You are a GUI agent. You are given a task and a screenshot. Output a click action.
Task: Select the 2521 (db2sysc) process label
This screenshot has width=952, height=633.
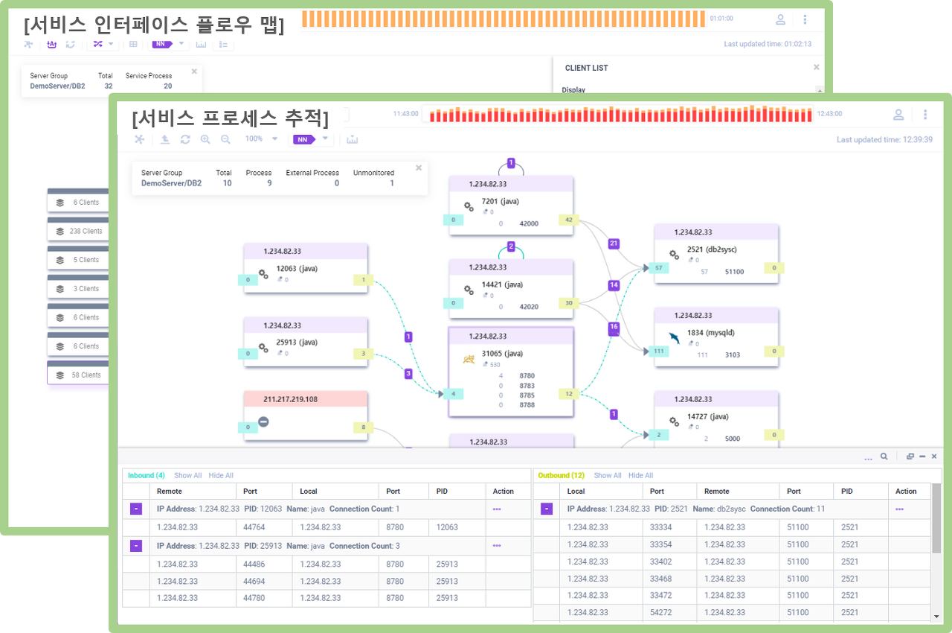point(712,249)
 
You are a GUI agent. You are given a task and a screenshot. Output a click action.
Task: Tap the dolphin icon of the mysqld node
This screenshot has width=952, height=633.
point(674,337)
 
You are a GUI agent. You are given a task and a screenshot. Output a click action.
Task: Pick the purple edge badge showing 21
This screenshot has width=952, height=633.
point(614,244)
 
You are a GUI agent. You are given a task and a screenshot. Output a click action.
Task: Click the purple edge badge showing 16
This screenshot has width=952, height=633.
point(614,327)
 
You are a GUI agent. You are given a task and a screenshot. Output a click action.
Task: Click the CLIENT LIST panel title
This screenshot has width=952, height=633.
point(586,68)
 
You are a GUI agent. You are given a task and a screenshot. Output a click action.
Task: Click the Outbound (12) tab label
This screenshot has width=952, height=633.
point(562,475)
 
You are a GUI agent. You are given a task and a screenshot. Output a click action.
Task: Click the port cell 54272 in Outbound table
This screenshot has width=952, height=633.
point(661,612)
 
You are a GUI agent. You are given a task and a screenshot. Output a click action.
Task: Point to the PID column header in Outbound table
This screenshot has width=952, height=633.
point(847,492)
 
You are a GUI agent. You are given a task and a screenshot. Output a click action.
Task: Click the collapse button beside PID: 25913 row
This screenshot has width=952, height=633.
point(136,546)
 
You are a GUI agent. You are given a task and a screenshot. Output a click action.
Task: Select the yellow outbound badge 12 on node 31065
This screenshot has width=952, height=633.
point(569,394)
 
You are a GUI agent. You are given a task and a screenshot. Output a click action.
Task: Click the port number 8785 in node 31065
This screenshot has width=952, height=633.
point(527,395)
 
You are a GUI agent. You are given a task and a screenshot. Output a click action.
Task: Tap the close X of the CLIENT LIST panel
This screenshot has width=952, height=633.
point(816,67)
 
